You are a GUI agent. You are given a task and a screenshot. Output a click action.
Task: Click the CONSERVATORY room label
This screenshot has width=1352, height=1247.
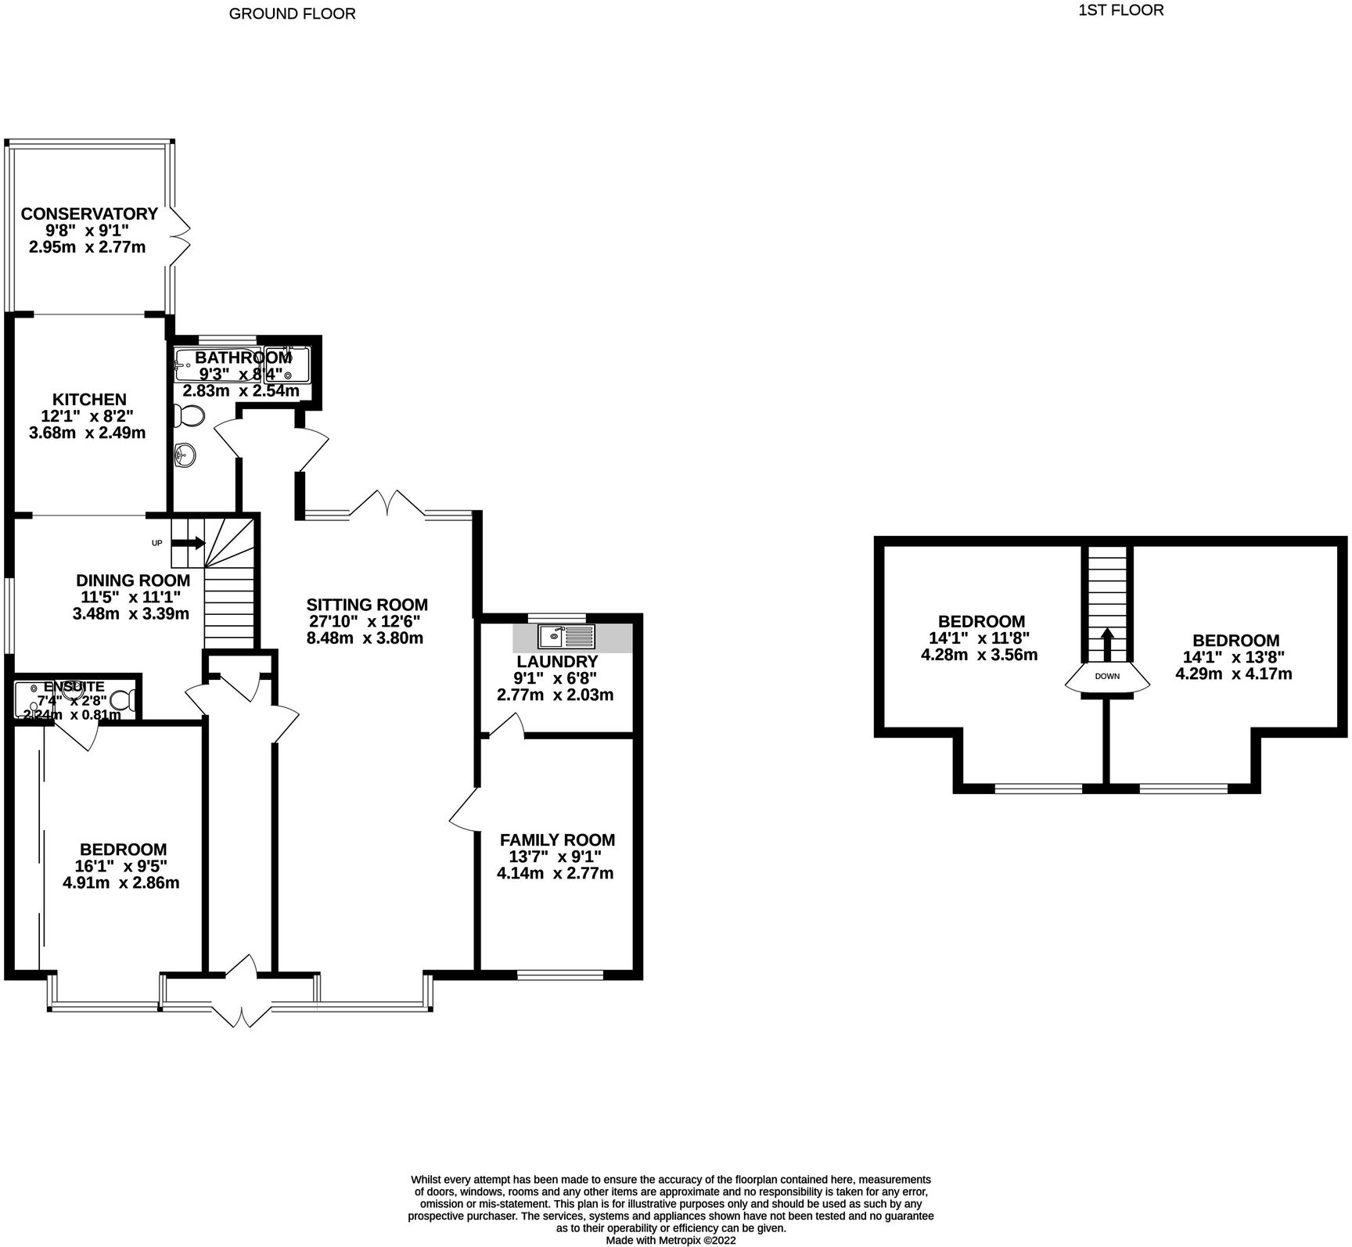tap(89, 214)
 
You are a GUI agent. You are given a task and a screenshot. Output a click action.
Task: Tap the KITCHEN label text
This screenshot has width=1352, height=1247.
tap(89, 399)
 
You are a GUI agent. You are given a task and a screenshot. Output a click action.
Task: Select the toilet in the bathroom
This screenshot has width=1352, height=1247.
tap(190, 415)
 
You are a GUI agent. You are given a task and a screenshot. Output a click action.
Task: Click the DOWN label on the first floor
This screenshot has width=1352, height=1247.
tap(1107, 676)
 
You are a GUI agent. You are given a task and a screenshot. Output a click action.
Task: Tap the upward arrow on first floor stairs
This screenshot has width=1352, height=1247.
tap(1107, 643)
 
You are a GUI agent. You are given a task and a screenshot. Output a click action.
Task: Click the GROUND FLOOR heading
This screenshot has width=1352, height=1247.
tap(292, 13)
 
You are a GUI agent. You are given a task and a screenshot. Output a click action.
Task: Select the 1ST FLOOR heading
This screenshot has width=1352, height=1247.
tap(1120, 10)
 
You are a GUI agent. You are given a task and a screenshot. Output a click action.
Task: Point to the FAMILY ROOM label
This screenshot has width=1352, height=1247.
tap(557, 839)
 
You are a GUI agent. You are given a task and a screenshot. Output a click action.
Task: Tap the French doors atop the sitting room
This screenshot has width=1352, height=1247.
tap(387, 503)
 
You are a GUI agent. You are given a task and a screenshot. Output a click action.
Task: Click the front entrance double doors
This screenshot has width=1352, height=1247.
tap(243, 991)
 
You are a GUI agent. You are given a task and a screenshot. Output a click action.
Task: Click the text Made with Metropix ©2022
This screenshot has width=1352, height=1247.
tap(671, 1240)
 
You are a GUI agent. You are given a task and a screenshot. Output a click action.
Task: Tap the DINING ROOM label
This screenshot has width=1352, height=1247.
tap(132, 580)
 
